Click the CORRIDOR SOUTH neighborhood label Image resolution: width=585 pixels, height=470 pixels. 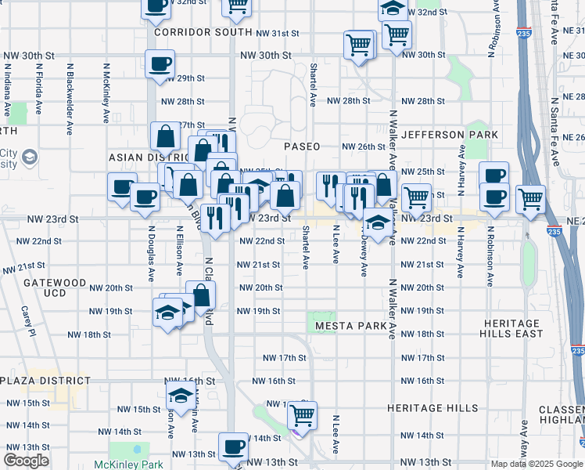pos(192,32)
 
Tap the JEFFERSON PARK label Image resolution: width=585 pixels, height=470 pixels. pos(450,135)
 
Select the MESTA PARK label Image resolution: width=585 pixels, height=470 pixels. pos(351,324)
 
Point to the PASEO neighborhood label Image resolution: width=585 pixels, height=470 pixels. pos(302,146)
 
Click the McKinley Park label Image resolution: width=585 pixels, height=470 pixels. pos(129,464)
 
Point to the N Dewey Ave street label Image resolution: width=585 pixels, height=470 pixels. pos(364,258)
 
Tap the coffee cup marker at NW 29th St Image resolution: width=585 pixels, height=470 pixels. pos(160,63)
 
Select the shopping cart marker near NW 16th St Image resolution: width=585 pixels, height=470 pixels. pos(301,413)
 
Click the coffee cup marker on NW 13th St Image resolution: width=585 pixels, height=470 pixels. pos(233,447)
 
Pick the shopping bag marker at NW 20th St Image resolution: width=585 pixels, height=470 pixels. pos(201,295)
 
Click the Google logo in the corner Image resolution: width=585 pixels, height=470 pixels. pos(27,461)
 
